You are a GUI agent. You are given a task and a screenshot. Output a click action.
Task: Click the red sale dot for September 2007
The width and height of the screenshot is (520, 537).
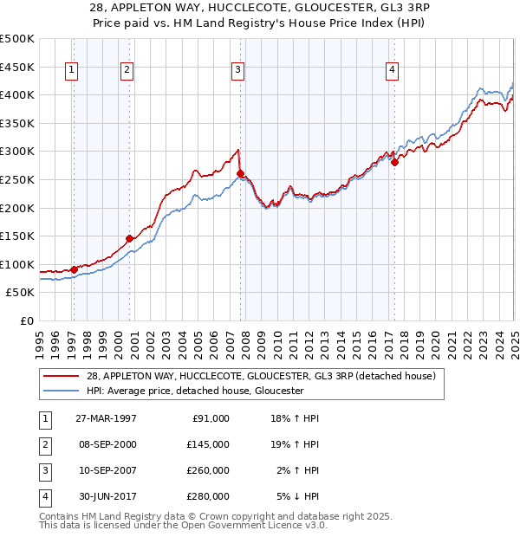click(x=240, y=173)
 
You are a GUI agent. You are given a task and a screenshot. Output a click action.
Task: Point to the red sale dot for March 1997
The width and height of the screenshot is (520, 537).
click(x=74, y=269)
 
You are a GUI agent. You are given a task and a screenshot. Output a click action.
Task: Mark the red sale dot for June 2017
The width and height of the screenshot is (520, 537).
click(x=394, y=162)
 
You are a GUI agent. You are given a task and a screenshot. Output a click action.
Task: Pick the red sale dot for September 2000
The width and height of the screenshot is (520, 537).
click(x=129, y=238)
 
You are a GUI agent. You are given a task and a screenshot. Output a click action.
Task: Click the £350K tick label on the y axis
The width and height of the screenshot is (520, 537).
click(x=17, y=123)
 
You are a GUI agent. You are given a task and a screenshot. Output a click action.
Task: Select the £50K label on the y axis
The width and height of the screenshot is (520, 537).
click(x=21, y=293)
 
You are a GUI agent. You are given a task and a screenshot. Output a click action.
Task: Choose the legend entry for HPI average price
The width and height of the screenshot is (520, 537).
click(x=194, y=391)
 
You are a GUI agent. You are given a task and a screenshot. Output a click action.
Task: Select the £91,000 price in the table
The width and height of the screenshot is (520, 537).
click(x=208, y=418)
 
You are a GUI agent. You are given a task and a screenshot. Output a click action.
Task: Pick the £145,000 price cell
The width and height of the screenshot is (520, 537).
click(x=208, y=444)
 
